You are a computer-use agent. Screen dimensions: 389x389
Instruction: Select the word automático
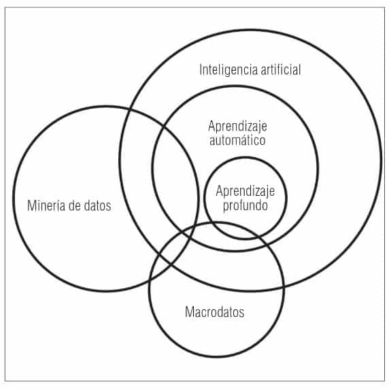pyautogui.click(x=237, y=140)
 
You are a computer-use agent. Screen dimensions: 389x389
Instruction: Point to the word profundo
pyautogui.click(x=245, y=206)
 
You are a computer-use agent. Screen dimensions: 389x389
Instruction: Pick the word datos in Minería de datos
pyautogui.click(x=97, y=206)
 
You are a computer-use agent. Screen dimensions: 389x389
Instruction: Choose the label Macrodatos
pyautogui.click(x=215, y=312)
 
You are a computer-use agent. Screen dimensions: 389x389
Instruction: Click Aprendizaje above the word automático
pyautogui.click(x=237, y=127)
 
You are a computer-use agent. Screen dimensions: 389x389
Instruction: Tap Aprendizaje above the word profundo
pyautogui.click(x=245, y=192)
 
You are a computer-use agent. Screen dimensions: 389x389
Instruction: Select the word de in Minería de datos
pyautogui.click(x=75, y=205)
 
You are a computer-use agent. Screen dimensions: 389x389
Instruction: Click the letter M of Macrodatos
pyautogui.click(x=190, y=312)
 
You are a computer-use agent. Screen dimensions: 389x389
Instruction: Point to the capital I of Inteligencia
pyautogui.click(x=201, y=70)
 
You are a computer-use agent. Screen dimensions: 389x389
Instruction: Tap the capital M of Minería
pyautogui.click(x=32, y=205)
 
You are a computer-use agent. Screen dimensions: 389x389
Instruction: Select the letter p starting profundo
pyautogui.click(x=226, y=207)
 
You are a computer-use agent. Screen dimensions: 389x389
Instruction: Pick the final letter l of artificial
pyautogui.click(x=300, y=70)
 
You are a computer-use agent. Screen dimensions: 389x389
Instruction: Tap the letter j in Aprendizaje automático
pyautogui.click(x=256, y=128)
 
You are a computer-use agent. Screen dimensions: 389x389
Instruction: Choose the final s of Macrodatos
pyautogui.click(x=241, y=313)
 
